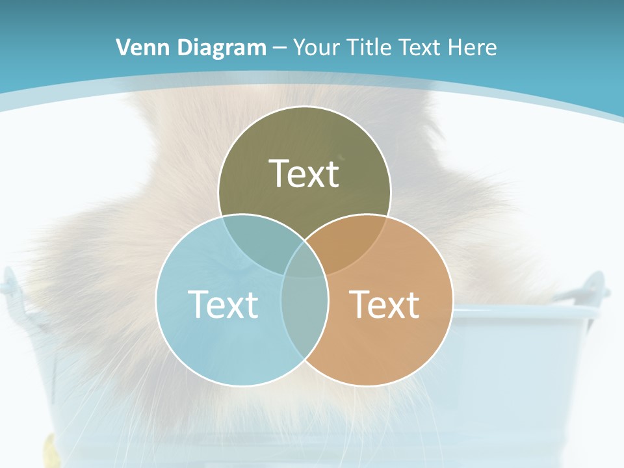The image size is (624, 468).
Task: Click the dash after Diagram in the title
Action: click(x=279, y=48)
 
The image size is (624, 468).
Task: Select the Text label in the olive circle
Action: click(x=304, y=174)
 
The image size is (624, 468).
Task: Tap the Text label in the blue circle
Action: click(x=223, y=304)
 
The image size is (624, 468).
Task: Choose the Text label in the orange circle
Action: click(x=384, y=304)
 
